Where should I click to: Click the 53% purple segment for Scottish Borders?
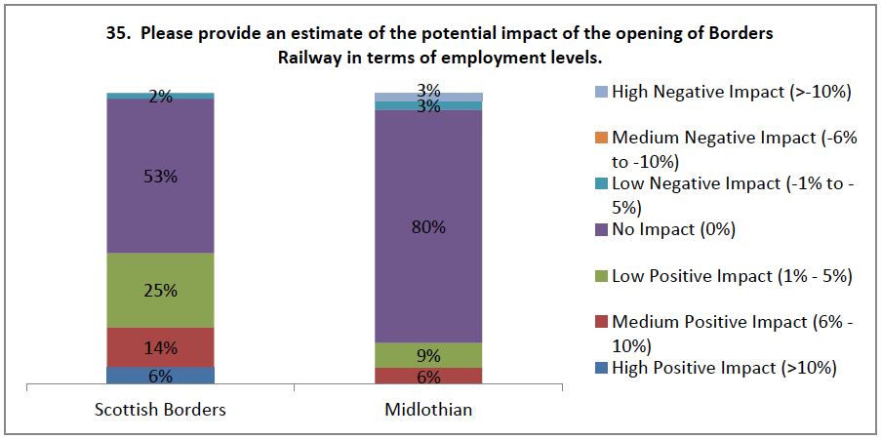[161, 176]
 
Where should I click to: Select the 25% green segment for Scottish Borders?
[161, 290]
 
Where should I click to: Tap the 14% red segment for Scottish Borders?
[161, 346]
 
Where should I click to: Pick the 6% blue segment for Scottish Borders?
[161, 376]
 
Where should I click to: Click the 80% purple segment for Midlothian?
[429, 226]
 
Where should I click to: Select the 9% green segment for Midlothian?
[429, 355]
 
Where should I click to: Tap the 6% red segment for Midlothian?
[429, 377]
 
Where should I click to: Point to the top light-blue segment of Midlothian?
[429, 97]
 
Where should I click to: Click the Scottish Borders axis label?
[161, 410]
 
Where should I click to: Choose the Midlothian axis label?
[429, 410]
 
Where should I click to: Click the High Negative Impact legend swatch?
[602, 93]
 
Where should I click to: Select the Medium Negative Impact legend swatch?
[602, 139]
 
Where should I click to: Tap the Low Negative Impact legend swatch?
[602, 184]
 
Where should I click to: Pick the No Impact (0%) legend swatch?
[602, 230]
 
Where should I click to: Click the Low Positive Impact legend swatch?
[602, 276]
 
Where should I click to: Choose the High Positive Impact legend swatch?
[602, 369]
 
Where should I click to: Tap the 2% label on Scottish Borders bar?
[161, 97]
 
